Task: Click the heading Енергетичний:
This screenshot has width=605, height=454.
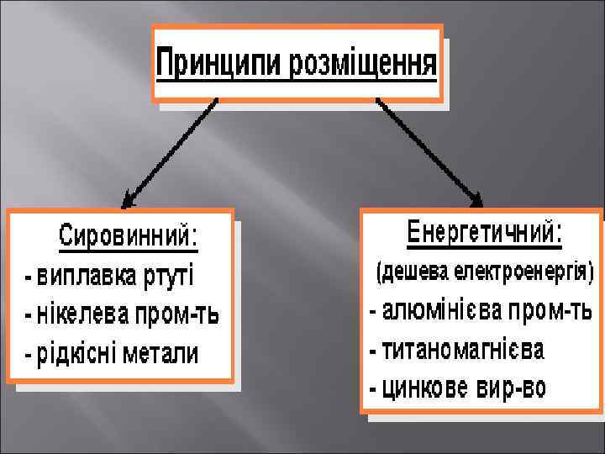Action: [485, 233]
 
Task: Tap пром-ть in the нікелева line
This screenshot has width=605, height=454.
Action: [178, 315]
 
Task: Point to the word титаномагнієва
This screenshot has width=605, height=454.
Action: [463, 348]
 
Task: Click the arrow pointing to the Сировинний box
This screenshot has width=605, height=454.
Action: [169, 151]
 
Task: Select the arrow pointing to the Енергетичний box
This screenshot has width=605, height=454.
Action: [429, 151]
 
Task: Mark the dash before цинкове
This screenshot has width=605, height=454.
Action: [373, 389]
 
